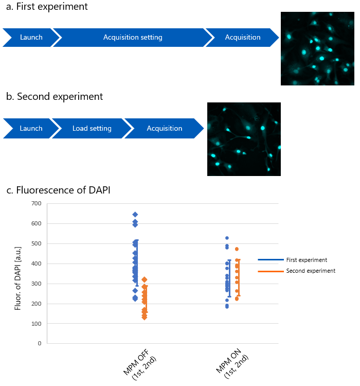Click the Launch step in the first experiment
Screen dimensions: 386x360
[x=31, y=37]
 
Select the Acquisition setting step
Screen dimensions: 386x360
[x=133, y=37]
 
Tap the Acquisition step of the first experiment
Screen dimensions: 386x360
[x=243, y=37]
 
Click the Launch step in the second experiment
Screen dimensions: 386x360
[x=31, y=128]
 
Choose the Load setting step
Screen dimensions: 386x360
[x=92, y=128]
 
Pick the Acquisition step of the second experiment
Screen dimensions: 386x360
[x=164, y=128]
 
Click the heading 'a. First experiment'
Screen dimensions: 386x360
[x=47, y=7]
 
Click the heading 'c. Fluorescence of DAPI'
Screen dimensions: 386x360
[x=58, y=190]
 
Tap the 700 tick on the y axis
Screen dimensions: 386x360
[x=36, y=204]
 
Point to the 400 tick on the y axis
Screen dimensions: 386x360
[x=36, y=264]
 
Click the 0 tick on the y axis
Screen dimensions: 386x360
[x=39, y=343]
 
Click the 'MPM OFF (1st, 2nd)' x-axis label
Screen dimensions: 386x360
[x=138, y=365]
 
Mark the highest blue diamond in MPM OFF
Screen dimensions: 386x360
[x=135, y=214]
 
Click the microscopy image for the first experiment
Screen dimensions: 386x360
[x=317, y=48]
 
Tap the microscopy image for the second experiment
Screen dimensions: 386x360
[x=244, y=139]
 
